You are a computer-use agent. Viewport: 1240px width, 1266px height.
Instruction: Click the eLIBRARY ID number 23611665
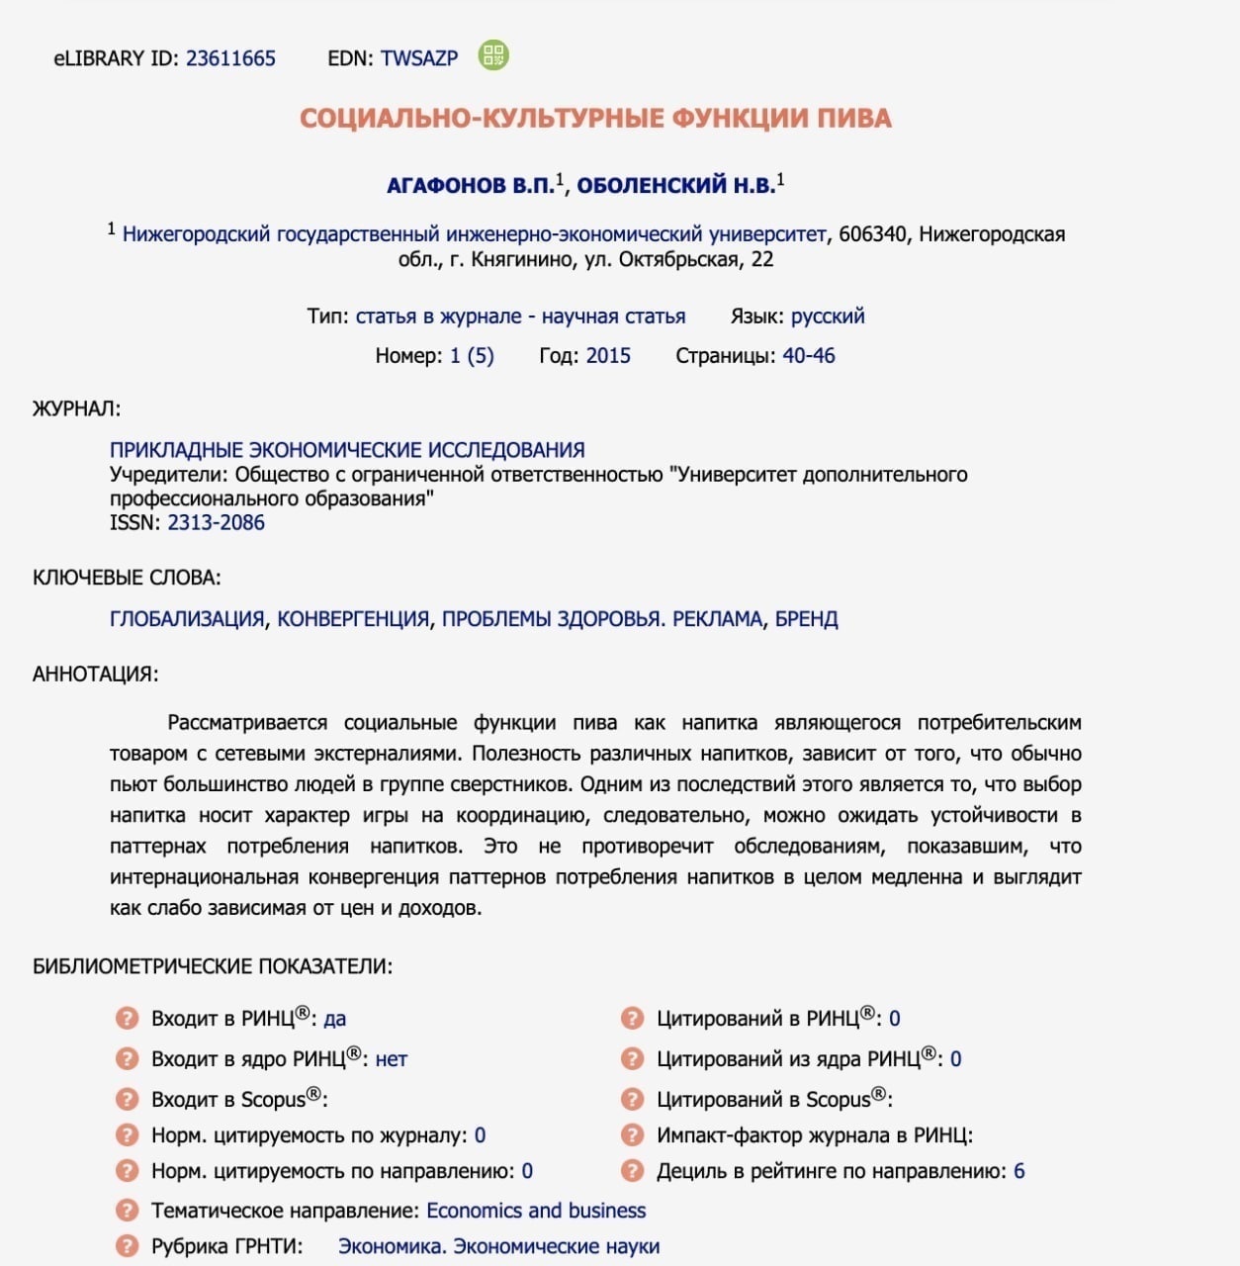230,58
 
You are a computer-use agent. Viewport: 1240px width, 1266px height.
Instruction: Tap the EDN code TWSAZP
419,58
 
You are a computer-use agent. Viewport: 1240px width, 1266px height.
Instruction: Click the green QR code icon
492,55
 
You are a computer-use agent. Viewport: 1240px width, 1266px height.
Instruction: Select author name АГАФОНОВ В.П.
470,186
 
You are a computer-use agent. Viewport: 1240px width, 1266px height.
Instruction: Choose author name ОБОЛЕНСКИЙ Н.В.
675,186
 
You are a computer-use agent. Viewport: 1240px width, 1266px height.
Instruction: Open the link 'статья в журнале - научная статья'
520,316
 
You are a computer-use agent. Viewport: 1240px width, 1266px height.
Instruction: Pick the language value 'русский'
828,316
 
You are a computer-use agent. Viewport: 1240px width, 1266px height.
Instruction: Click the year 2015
608,356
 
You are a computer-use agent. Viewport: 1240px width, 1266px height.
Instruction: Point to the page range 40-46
808,356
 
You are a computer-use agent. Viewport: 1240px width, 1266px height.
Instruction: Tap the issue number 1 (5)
472,356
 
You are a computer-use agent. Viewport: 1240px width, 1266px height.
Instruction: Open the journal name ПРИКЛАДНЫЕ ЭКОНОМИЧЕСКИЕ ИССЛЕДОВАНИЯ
347,450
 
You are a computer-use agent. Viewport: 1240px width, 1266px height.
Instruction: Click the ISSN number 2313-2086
216,523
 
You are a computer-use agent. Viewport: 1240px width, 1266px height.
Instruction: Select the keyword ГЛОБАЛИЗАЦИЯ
187,619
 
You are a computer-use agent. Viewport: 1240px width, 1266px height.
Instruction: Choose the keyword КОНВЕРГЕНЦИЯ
353,619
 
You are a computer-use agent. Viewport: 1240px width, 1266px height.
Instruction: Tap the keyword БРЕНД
806,619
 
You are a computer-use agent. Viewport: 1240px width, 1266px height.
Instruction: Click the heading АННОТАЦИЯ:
95,675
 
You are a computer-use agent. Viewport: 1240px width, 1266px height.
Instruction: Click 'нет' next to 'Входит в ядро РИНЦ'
392,1059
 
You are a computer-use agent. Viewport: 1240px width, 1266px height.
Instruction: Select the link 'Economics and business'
536,1211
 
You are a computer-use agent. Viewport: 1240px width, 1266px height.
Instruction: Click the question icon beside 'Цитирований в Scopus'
632,1100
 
